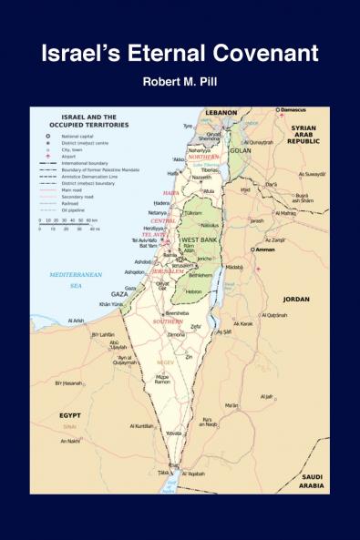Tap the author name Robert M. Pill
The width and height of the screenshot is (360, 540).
point(180,84)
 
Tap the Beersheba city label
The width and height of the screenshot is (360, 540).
point(177,312)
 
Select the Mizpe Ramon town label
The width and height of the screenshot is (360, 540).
point(164,379)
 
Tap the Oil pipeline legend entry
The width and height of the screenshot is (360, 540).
point(75,209)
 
